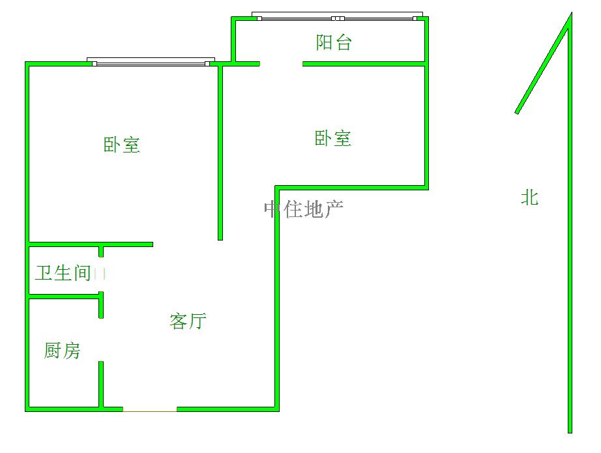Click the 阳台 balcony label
tap(334, 42)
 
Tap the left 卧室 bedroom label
tap(122, 145)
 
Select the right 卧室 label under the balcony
tap(333, 138)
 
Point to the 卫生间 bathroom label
tap(63, 272)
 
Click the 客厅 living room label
tap(188, 321)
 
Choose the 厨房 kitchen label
tap(63, 351)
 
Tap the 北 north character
tap(529, 197)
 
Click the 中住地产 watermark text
tap(304, 209)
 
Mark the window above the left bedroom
tap(151, 62)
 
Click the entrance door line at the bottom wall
tap(150, 410)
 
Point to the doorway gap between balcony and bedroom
tap(281, 64)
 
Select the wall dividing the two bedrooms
tap(220, 150)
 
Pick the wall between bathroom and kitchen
tap(64, 298)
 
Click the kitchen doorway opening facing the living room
tap(101, 340)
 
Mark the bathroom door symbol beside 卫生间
tap(100, 274)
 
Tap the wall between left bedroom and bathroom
tap(91, 244)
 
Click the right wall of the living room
tap(277, 300)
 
